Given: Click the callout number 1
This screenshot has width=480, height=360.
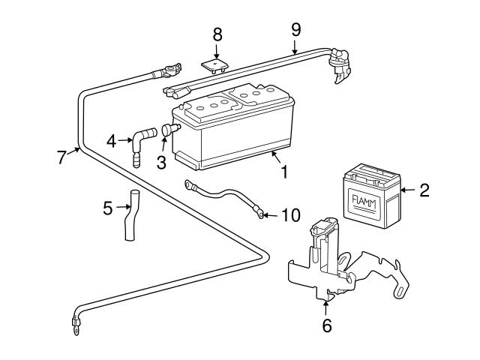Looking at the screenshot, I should [284, 172].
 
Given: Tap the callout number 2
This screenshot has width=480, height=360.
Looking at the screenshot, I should [424, 190].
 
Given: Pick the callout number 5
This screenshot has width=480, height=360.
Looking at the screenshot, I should [108, 206].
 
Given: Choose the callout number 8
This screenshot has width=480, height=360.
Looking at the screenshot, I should [217, 34].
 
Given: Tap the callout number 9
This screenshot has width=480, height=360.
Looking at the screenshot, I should [295, 28].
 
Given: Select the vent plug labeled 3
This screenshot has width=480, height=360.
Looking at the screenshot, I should [168, 132].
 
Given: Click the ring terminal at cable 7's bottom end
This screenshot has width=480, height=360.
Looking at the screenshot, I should [76, 325].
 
